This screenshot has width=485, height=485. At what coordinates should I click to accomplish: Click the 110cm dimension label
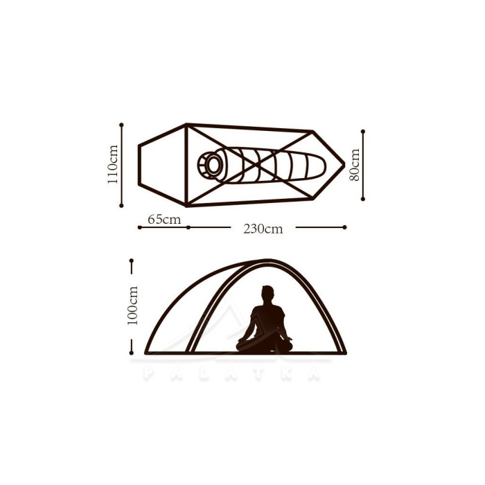[x=112, y=164]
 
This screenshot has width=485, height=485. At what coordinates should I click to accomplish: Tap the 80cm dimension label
[x=355, y=165]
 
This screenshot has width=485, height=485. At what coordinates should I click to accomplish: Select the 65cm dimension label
[x=164, y=220]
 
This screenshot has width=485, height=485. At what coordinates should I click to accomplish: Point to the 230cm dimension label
[x=263, y=229]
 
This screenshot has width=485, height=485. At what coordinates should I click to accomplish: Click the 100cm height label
[x=132, y=306]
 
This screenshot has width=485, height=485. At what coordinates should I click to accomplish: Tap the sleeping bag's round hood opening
[x=213, y=165]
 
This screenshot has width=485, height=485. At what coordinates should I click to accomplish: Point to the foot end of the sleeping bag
[x=319, y=166]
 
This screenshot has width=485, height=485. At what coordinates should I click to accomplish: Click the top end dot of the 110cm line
[x=121, y=125]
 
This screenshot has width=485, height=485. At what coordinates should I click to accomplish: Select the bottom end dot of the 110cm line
[x=121, y=205]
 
